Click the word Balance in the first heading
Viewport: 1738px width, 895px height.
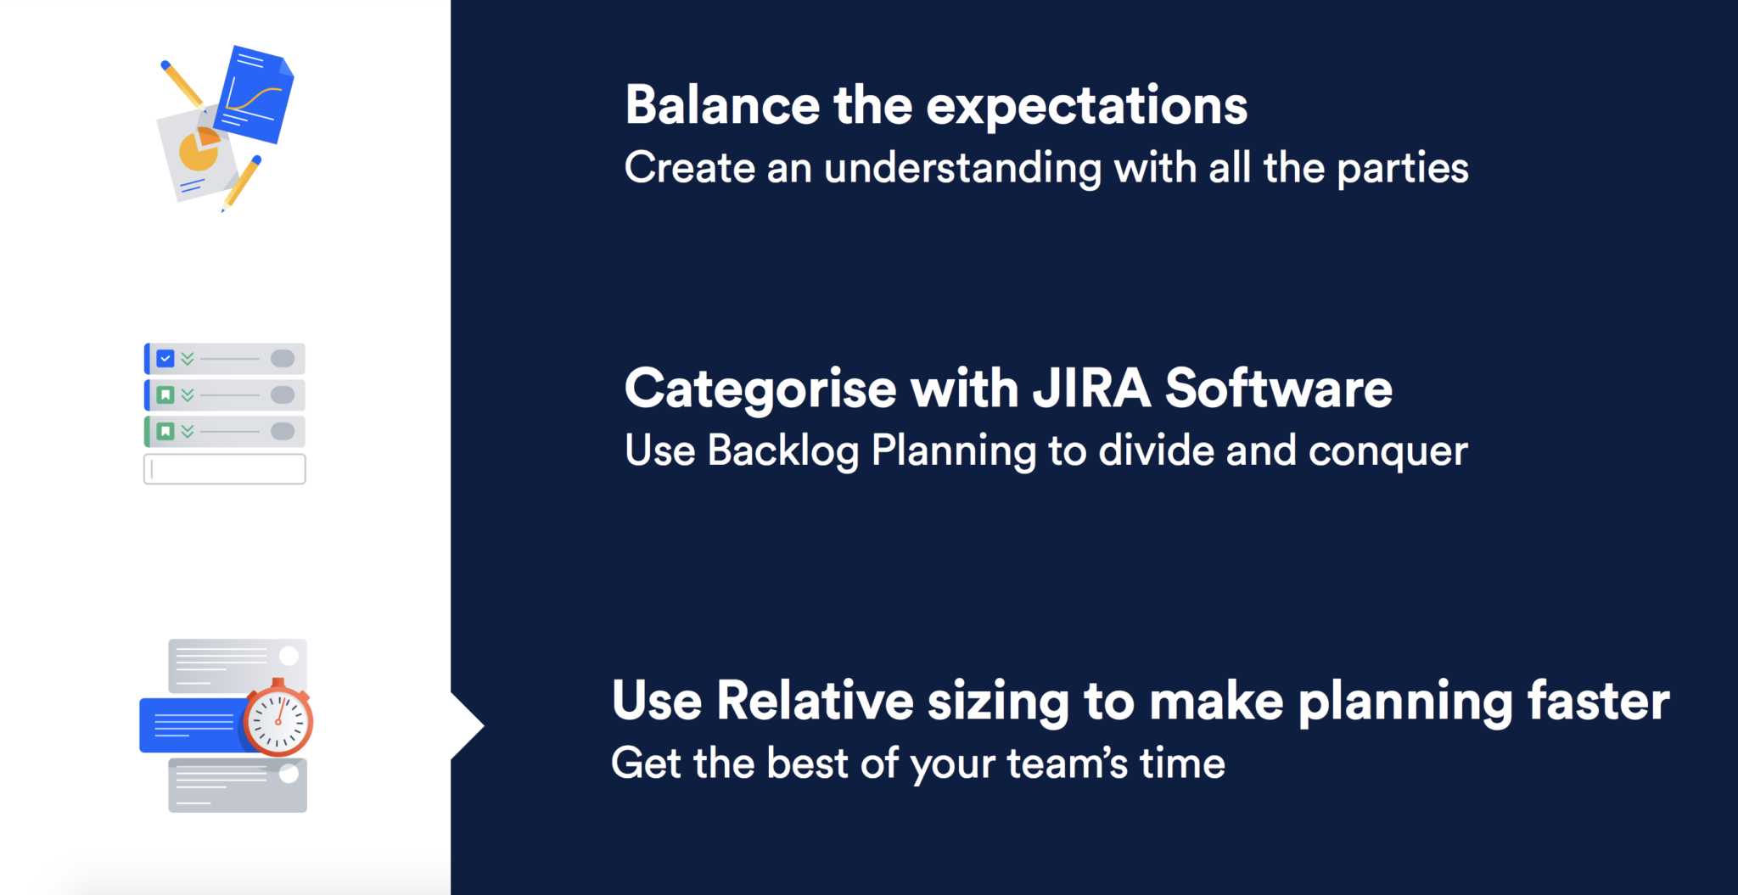pyautogui.click(x=722, y=105)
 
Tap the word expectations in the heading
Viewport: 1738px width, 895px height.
pyautogui.click(x=1086, y=109)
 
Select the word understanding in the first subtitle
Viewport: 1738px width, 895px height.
pyautogui.click(x=962, y=169)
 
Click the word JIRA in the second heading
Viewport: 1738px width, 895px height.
pyautogui.click(x=1091, y=389)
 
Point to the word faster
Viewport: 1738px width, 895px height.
pyautogui.click(x=1598, y=702)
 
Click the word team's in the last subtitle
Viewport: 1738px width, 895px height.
pyautogui.click(x=1068, y=764)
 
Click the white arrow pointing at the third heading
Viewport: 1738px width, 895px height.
pyautogui.click(x=468, y=725)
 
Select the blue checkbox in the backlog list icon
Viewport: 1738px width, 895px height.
pyautogui.click(x=165, y=359)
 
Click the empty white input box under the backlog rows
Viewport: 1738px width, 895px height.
pyautogui.click(x=225, y=469)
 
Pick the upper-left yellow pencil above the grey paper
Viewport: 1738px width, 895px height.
pyautogui.click(x=182, y=83)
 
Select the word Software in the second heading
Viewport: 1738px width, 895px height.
pyautogui.click(x=1278, y=389)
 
